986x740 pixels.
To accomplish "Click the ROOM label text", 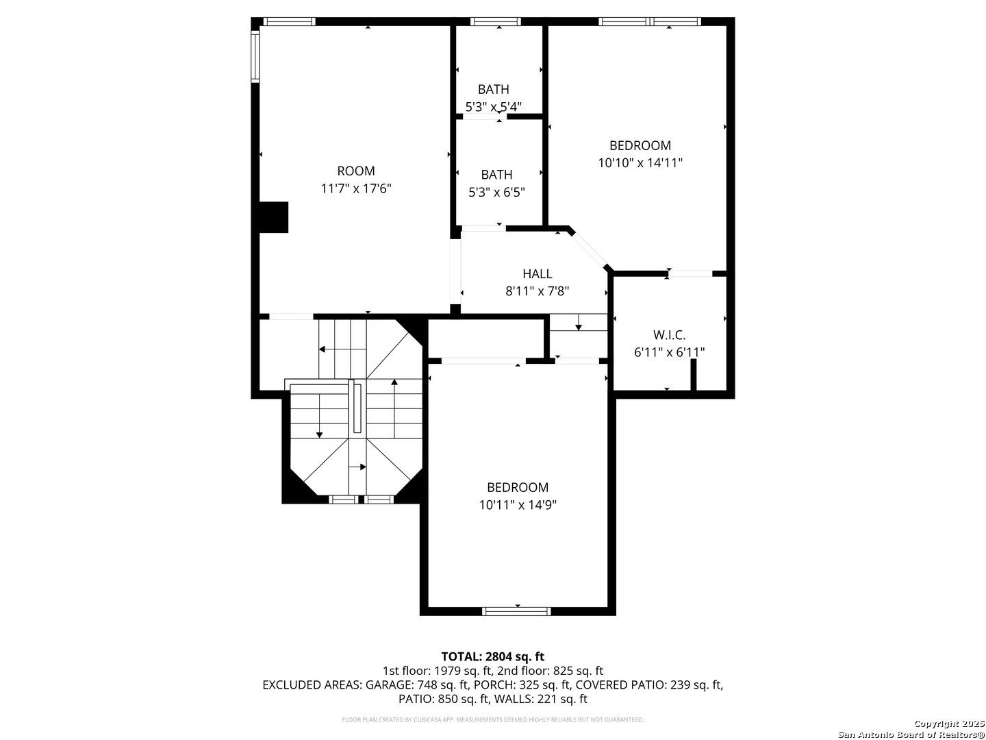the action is pyautogui.click(x=356, y=171).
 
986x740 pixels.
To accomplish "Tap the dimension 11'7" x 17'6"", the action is pyautogui.click(x=356, y=188).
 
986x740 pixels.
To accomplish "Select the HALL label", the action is pyautogui.click(x=538, y=274).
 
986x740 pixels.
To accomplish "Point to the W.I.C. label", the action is pyautogui.click(x=669, y=335).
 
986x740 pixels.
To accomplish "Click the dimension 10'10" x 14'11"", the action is pyautogui.click(x=640, y=163).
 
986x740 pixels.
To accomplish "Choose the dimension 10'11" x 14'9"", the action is pyautogui.click(x=518, y=505).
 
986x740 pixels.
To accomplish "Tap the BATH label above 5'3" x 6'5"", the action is pyautogui.click(x=496, y=175).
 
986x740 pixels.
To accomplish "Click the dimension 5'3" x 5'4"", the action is pyautogui.click(x=493, y=108).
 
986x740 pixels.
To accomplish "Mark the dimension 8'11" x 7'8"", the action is pyautogui.click(x=538, y=292).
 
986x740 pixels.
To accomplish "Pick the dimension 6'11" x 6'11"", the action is pyautogui.click(x=669, y=353).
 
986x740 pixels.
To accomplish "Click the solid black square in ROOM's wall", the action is pyautogui.click(x=274, y=217).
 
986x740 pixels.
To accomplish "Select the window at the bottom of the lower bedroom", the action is pyautogui.click(x=516, y=611).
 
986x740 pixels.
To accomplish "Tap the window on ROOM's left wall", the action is pyautogui.click(x=255, y=56).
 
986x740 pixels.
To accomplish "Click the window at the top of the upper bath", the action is pyautogui.click(x=496, y=21).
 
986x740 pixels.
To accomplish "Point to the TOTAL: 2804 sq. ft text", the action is pyautogui.click(x=493, y=657).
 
